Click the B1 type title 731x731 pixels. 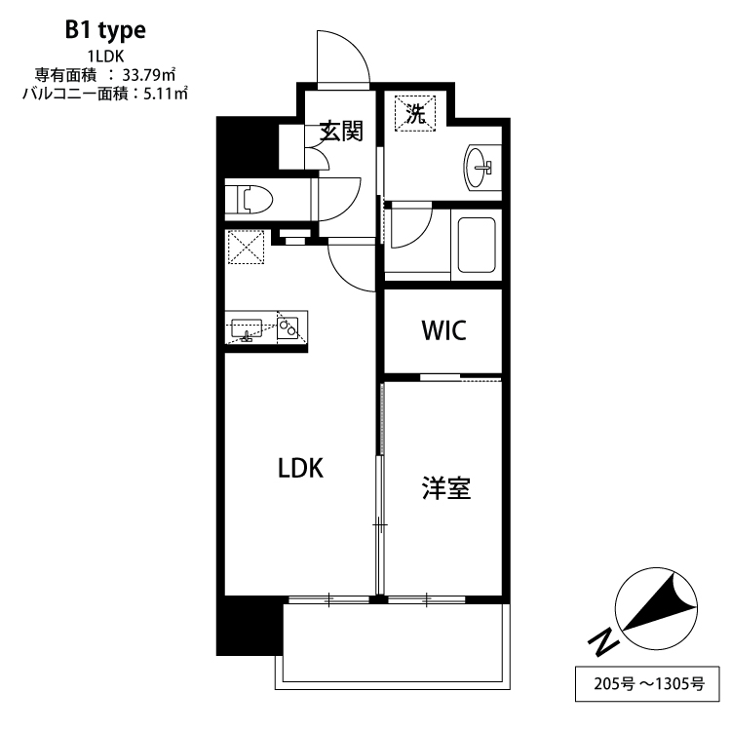(x=105, y=30)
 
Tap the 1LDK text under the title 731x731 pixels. (x=105, y=56)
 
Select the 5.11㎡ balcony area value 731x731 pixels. (x=165, y=94)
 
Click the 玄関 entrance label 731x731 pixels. (x=341, y=131)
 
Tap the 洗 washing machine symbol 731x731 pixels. (x=415, y=112)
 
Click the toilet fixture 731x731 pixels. (x=250, y=200)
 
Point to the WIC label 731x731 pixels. (x=443, y=330)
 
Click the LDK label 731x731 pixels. (x=299, y=469)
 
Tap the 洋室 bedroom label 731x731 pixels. (x=446, y=488)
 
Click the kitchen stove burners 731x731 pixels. (x=289, y=328)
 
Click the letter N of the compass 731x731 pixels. (x=604, y=641)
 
